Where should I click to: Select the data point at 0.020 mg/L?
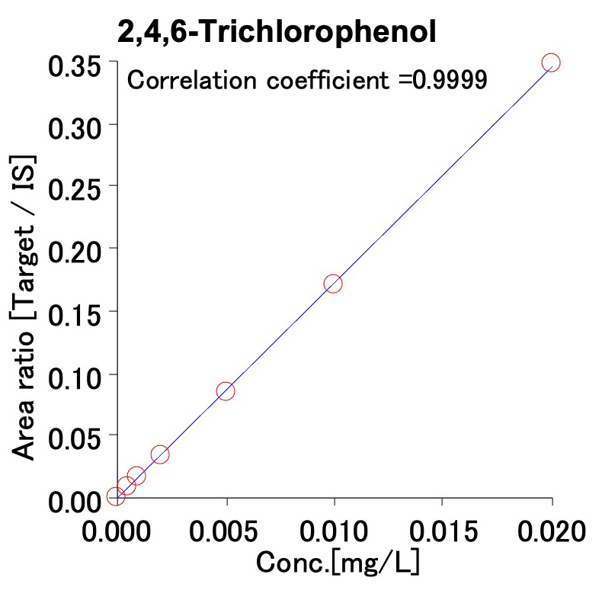coord(550,63)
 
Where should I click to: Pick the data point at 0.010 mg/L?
coord(333,284)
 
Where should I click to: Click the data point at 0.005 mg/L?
coord(225,391)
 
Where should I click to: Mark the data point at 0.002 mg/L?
coord(160,454)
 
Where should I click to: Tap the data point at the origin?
coord(116,496)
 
